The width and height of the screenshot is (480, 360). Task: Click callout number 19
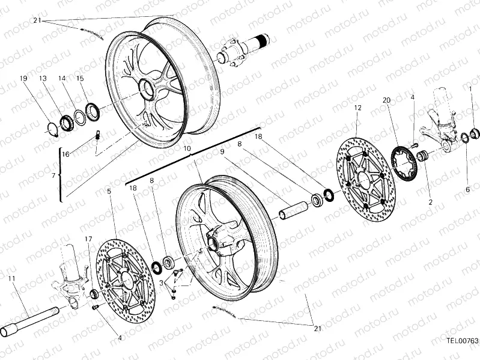coord(23,79)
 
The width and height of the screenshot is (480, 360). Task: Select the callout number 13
coord(43,79)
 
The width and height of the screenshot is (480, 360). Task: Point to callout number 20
coord(386,100)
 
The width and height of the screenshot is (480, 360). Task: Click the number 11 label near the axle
coord(11,278)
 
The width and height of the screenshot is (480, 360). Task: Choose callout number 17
coord(88,239)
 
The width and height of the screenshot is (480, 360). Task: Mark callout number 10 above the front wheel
coord(187,148)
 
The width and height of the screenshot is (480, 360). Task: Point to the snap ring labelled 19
coord(52,127)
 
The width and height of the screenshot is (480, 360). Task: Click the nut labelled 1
coord(474,133)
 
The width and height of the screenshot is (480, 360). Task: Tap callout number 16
coord(65,154)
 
